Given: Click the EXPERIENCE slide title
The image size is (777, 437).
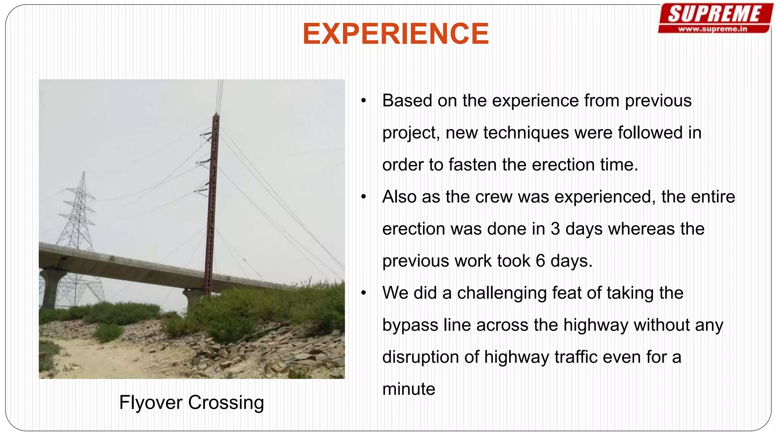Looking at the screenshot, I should coord(395,34).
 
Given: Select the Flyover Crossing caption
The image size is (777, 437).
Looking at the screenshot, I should coord(191,402).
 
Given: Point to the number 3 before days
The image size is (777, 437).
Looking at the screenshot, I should coord(555,229).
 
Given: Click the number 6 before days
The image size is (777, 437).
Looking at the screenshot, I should coord(540,261).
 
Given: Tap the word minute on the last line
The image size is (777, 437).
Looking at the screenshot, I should coord(409,389).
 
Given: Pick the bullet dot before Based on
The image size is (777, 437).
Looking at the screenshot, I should coord(363,101).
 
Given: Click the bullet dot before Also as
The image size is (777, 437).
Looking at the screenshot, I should coord(363,197).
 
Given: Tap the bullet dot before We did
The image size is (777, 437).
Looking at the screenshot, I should coord(363,293).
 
